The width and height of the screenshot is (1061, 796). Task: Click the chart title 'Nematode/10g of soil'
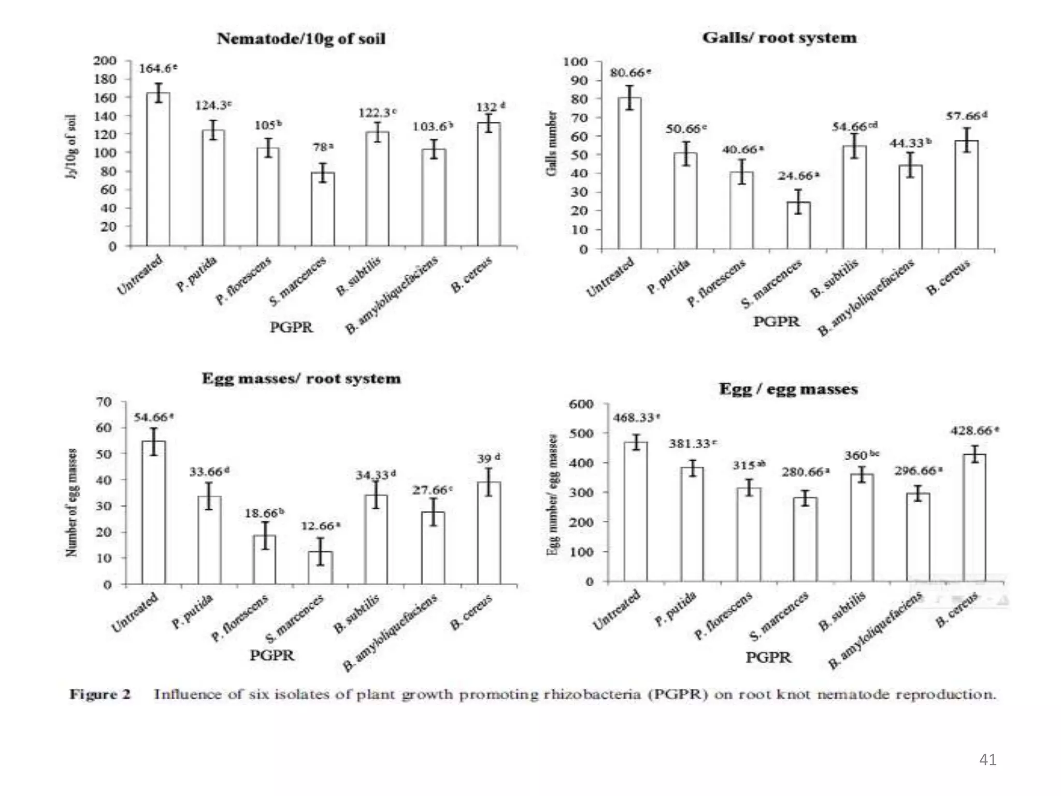(x=300, y=39)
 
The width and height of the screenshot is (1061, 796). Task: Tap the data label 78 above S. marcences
(x=323, y=148)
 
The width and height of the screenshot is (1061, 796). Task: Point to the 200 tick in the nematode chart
(x=105, y=61)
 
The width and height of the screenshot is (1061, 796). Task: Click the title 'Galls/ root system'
(x=779, y=38)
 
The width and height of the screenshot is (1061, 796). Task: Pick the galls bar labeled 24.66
(x=798, y=225)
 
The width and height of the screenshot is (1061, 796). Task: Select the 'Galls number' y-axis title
(x=552, y=144)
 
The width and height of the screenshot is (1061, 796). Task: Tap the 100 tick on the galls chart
(x=575, y=62)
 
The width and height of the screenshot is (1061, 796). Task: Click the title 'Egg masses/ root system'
(x=301, y=378)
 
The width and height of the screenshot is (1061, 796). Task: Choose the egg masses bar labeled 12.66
(x=321, y=567)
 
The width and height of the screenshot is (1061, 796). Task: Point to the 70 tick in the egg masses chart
(x=104, y=402)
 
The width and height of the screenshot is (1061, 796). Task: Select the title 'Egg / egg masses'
(x=788, y=389)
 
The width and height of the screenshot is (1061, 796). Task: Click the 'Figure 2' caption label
(x=100, y=694)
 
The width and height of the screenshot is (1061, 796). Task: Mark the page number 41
(x=987, y=760)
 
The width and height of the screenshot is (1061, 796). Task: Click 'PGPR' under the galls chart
(x=776, y=321)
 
